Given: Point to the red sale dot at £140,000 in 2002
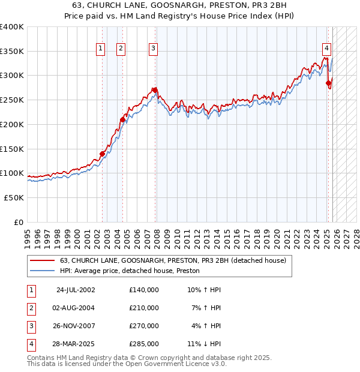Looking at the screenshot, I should pos(102,154).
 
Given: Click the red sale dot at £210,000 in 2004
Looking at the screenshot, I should pos(122,119).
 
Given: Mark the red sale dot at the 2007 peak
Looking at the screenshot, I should pos(155,90).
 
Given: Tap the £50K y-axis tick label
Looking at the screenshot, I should pos(14,197).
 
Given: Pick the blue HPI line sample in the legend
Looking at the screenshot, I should pos(42,271).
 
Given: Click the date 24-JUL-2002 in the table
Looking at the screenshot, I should pos(76,290).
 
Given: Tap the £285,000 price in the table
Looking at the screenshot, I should pos(144,344).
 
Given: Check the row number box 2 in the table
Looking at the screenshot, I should pos(30,308).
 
